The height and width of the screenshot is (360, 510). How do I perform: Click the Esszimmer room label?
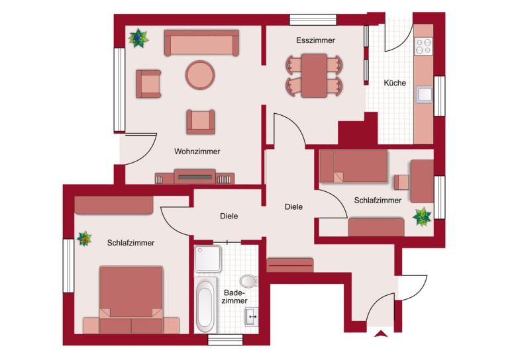click(x=315, y=40)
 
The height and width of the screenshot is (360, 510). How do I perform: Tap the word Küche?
click(x=395, y=83)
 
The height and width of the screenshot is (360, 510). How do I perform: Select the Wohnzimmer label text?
click(x=197, y=152)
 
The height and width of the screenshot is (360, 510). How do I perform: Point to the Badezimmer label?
click(x=234, y=297)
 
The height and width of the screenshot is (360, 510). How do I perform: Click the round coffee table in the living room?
click(x=200, y=75)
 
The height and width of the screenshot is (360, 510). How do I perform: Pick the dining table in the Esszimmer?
click(x=314, y=75)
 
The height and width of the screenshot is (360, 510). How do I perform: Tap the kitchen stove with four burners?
click(x=423, y=46)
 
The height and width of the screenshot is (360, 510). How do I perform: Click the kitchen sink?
click(x=425, y=95)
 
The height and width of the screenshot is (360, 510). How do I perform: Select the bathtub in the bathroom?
click(x=205, y=305)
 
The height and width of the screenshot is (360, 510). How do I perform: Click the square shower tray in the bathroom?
click(x=207, y=258)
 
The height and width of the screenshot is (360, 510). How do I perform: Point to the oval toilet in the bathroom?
click(x=249, y=281)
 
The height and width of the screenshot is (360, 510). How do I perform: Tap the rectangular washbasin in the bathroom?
click(x=252, y=316)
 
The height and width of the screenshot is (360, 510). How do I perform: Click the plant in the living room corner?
click(x=138, y=38)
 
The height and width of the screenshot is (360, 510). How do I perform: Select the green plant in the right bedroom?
click(x=422, y=217)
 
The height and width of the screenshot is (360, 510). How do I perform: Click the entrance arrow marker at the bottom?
click(x=381, y=334)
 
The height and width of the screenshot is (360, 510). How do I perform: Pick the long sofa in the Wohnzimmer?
click(x=201, y=43)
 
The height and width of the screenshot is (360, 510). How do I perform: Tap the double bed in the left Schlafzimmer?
click(x=131, y=300)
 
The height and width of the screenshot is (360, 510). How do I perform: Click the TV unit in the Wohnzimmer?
click(x=195, y=177)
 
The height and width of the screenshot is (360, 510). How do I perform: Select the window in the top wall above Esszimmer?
click(x=313, y=19)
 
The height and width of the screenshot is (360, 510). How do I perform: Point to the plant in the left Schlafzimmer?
click(x=85, y=239)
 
